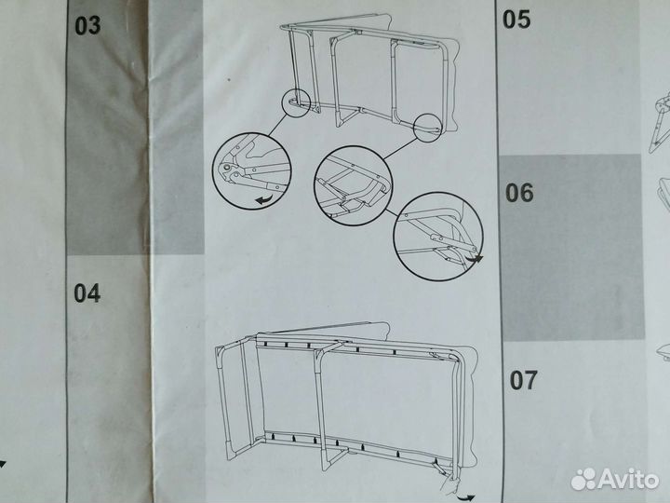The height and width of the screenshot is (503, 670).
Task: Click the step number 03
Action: [x=87, y=25]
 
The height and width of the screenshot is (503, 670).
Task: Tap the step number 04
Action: [x=87, y=293]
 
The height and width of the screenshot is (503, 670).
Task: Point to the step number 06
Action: [x=520, y=193]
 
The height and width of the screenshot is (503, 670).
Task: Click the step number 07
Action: [x=523, y=380]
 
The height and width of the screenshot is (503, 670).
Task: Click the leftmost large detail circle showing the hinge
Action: [x=251, y=169]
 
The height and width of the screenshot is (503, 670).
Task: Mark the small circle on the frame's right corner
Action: [x=428, y=127]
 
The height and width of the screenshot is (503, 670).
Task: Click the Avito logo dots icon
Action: [x=584, y=479]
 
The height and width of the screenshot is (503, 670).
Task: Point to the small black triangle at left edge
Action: [x=3, y=462]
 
